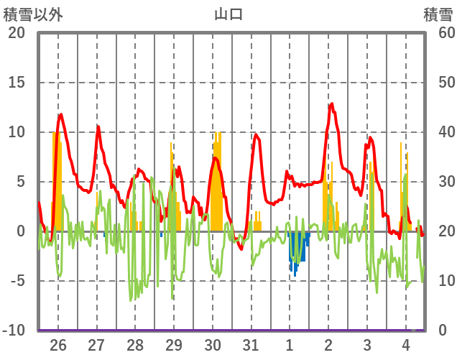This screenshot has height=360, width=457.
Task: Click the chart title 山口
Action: (x=228, y=14)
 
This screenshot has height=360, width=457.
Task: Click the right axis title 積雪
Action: (x=438, y=14)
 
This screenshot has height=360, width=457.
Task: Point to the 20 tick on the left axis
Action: (x=17, y=33)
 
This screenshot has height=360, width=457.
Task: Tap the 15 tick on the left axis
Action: (x=17, y=83)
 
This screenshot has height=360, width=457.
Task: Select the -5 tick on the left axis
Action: (x=17, y=281)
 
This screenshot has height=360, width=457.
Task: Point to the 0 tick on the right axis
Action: (x=443, y=331)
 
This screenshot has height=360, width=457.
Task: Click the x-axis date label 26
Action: (x=58, y=345)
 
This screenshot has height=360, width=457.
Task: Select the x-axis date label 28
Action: (x=136, y=345)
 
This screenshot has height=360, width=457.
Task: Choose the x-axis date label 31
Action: (x=251, y=345)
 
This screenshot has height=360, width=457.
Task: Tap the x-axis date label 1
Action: (x=290, y=345)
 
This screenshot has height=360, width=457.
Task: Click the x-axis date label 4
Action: (x=405, y=345)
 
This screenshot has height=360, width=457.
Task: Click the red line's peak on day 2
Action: (x=331, y=104)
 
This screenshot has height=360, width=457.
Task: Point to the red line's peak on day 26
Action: (x=60, y=114)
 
